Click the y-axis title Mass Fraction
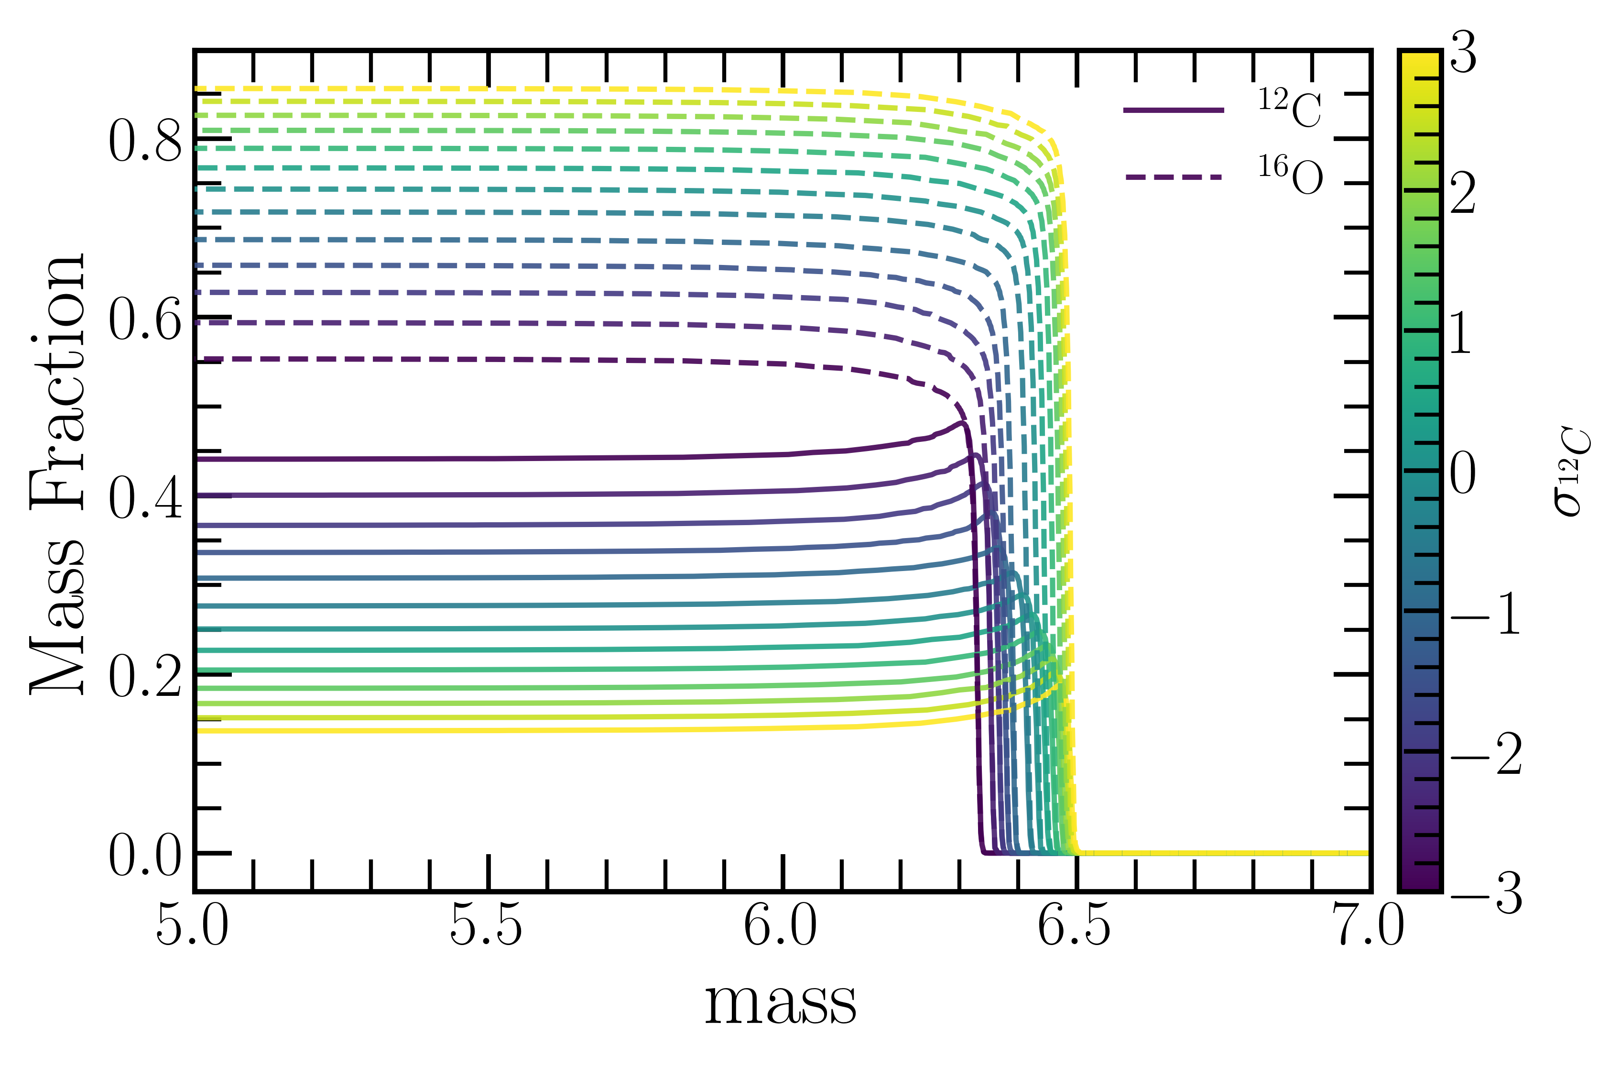58,473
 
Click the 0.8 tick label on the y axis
145,141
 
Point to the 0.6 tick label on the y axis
145,319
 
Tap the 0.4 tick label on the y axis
145,498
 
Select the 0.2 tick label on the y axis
145,676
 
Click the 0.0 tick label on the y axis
145,855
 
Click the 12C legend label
1289,109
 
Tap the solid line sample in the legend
1173,110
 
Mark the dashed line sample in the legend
1173,177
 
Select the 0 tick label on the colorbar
1463,473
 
